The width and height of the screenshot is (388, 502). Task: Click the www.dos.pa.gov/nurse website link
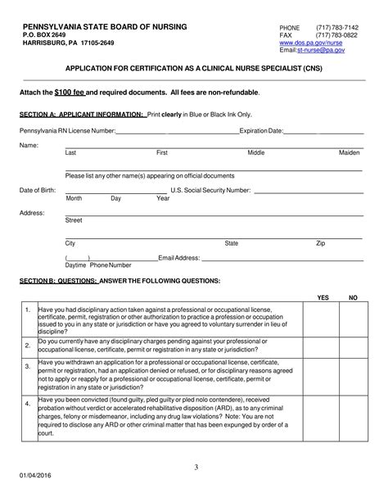click(323, 43)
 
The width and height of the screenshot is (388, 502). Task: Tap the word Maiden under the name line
click(350, 153)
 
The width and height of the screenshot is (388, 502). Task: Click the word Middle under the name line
click(256, 153)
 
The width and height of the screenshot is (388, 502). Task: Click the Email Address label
click(179, 257)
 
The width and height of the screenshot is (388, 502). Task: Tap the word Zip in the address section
click(320, 243)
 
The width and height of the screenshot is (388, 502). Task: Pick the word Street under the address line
click(74, 220)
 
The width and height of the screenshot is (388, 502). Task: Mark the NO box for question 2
click(353, 346)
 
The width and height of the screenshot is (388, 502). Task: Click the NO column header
click(353, 297)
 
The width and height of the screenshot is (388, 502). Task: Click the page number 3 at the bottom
click(196, 468)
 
